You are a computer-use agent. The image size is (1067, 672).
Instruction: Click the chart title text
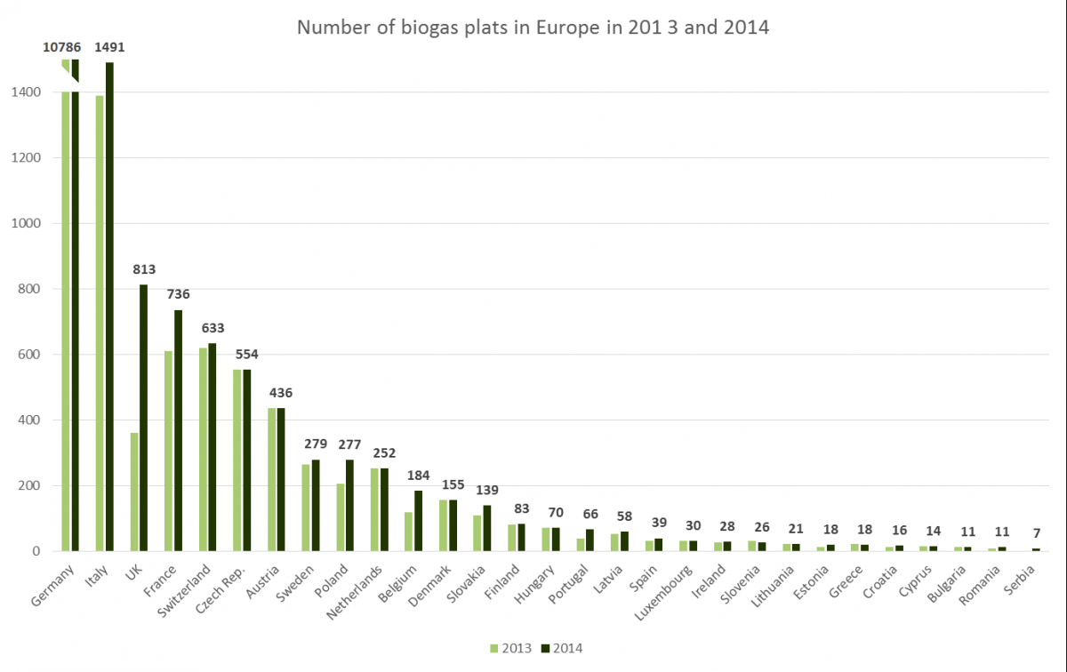coord(533,28)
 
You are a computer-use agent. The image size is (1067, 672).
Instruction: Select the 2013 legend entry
coord(510,648)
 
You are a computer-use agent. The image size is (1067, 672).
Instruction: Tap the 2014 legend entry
coord(562,648)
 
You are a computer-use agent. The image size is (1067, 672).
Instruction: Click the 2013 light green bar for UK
coord(134,492)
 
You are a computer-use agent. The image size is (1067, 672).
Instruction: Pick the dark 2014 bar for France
coord(178,430)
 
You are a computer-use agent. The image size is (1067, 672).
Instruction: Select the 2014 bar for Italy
coord(109,307)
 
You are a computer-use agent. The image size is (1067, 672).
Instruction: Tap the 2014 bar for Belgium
coord(418,521)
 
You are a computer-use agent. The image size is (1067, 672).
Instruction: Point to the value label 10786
coord(62,47)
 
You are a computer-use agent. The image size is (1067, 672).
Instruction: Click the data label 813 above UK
coord(144,269)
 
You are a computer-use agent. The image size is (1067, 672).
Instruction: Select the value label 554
coord(247,355)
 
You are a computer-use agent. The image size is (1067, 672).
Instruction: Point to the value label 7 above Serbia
coord(1037,533)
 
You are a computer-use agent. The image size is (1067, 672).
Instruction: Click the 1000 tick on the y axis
coord(26,223)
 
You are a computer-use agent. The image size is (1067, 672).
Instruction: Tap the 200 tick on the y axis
coord(29,486)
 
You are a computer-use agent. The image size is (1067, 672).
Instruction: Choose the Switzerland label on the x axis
coord(184,590)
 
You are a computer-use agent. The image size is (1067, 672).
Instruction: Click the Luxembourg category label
coord(663,593)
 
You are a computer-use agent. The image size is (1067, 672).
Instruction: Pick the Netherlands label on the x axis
coord(355,593)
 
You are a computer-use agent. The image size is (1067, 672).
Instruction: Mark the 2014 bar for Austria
coord(281,480)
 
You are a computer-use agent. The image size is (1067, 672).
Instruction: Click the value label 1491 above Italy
coord(109,47)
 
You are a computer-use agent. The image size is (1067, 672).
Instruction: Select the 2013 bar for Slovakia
coord(477,533)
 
